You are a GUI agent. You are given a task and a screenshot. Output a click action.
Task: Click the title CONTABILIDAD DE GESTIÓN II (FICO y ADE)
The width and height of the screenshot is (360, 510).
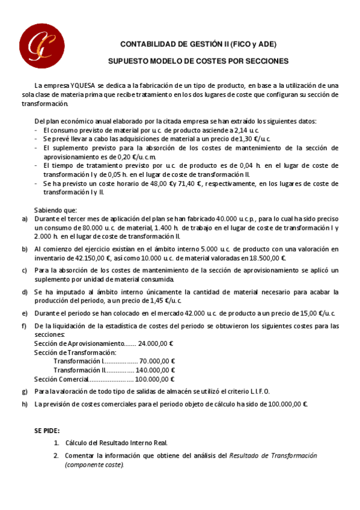tap(198, 45)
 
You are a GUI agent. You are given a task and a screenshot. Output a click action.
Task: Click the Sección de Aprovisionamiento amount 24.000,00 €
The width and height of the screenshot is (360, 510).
tap(156, 343)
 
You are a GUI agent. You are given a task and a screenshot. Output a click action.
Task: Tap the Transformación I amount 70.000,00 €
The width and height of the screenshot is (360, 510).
tap(157, 361)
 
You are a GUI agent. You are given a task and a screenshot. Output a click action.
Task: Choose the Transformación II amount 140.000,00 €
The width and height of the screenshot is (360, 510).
tap(155, 370)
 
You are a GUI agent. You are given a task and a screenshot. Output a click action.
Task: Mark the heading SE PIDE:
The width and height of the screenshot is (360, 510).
tap(47, 431)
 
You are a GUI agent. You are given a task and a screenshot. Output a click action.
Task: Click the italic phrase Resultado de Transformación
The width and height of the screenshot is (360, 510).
tap(273, 456)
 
